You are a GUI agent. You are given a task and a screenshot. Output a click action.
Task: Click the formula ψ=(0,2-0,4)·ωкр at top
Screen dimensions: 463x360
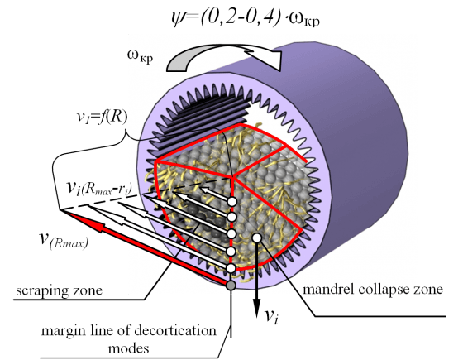tap(246, 18)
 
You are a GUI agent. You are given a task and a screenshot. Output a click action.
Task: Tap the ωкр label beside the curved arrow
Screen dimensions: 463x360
tap(141, 56)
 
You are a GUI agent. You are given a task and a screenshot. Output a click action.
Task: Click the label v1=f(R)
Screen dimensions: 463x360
tap(101, 118)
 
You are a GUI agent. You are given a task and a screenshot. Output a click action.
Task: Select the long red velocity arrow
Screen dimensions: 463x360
tap(145, 247)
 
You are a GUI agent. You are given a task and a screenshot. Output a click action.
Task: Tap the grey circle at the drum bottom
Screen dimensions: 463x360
tap(231, 286)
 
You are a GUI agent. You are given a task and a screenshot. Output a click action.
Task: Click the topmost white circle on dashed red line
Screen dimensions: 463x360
tap(232, 202)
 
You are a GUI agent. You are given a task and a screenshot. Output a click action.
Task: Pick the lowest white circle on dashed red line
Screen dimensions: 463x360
tap(231, 268)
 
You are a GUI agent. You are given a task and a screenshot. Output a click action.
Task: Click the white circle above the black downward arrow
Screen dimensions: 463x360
tap(257, 237)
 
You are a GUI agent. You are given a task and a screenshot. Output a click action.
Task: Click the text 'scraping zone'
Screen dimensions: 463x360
tap(59, 290)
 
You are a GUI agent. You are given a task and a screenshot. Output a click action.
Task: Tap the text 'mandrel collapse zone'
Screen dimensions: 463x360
tap(373, 289)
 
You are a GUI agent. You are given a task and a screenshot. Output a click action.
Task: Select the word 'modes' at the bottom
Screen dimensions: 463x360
tap(128, 348)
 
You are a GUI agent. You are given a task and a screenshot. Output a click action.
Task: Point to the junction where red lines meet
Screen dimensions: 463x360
tap(233, 177)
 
